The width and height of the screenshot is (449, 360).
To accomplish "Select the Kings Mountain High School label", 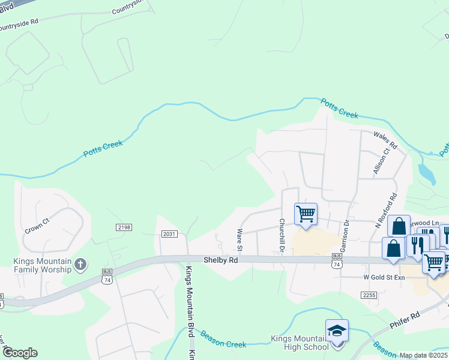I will coord(300,342).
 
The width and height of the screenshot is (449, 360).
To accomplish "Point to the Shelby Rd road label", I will coord(220,260).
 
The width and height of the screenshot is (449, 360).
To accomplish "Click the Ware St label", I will coord(240,239).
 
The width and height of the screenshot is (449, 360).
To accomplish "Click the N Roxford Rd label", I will coord(385,211).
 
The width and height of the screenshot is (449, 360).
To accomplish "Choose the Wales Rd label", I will coord(385,141).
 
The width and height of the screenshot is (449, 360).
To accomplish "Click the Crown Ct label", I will coord(36,228).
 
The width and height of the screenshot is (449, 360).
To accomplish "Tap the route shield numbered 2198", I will coord(124,227).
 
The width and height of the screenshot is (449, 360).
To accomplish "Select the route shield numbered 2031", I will coord(169,233).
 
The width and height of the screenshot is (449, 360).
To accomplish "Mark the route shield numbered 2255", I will coord(369,295).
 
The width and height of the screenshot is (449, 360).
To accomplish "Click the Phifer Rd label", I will coord(406,318).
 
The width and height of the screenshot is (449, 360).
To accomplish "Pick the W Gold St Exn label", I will coord(385,277).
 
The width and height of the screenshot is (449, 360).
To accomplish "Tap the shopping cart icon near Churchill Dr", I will coord(306,213).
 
